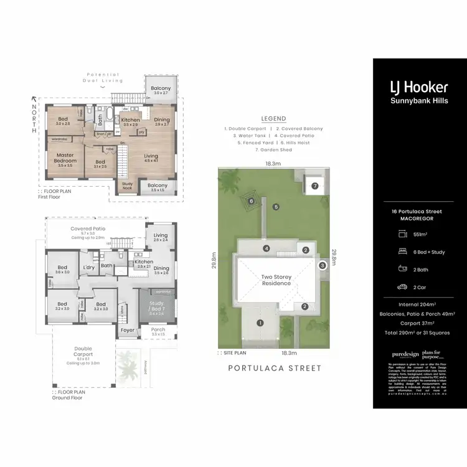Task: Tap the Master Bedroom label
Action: pos(66,158)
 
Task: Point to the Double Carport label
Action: pos(83,352)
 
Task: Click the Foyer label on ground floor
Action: pos(128,330)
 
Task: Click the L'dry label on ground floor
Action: pos(88,268)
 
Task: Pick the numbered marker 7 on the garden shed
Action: pos(315,186)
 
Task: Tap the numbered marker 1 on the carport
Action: pos(260,323)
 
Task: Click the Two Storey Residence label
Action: pos(276,280)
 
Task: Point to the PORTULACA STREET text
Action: pos(275,368)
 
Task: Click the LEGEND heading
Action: pos(273,118)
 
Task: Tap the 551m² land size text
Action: pos(420,234)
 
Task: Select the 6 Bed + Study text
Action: pos(428,252)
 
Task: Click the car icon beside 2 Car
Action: pos(402,288)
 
